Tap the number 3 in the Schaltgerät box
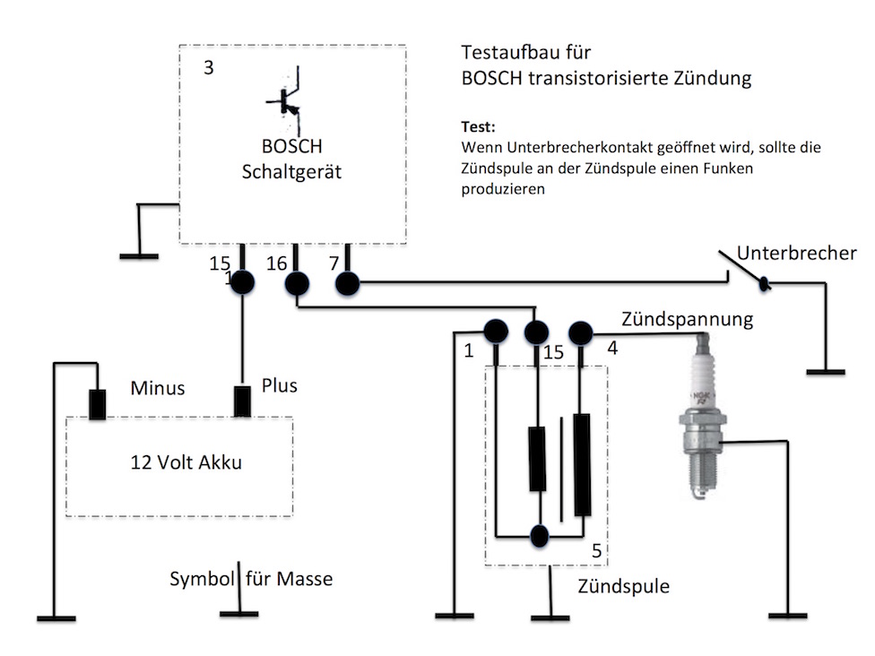(x=208, y=67)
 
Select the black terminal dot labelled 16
(x=297, y=284)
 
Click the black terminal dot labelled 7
(x=347, y=285)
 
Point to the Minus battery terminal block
(x=98, y=404)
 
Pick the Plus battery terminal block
(x=242, y=401)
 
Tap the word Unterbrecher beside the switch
(x=796, y=254)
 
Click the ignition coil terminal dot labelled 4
(x=581, y=332)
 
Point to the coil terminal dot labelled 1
(x=495, y=332)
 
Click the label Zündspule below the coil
(x=623, y=587)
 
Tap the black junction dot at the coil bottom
(x=540, y=536)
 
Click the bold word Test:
(x=479, y=126)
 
